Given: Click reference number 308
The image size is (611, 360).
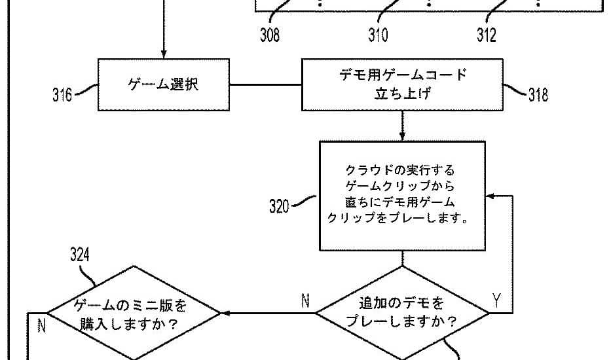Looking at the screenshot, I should point(269,35).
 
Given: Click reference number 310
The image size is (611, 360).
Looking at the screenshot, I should point(377,35).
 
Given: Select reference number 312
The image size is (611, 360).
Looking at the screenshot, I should point(486,35).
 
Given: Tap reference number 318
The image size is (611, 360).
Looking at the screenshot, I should point(538,95).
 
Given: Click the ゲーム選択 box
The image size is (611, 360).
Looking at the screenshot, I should point(163,85).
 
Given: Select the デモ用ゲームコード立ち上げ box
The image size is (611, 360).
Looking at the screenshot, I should point(402,84).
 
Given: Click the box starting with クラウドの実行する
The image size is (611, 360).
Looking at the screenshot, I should point(402,195).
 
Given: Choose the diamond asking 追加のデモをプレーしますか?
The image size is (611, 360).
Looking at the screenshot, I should point(402,313).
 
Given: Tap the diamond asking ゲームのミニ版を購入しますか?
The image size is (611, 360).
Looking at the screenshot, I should point(135,313).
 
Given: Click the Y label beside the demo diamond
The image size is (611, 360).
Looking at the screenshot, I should point(496,300).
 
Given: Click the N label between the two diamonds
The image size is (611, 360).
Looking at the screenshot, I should point(305,300).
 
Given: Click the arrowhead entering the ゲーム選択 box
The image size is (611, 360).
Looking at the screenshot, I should point(164,54).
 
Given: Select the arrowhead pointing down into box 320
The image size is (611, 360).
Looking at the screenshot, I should point(402,135).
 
